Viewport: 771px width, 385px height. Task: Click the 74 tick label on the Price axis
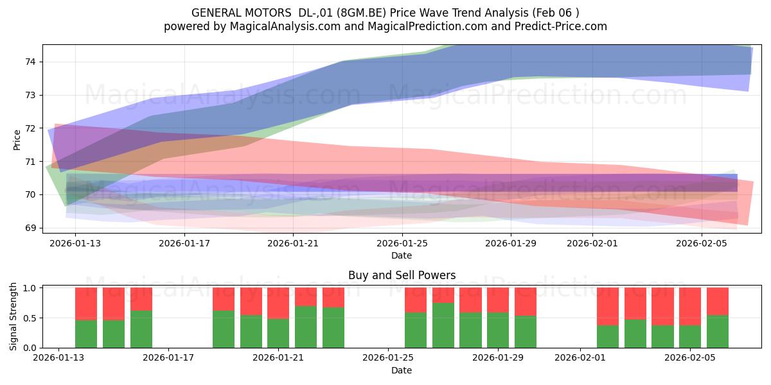point(30,62)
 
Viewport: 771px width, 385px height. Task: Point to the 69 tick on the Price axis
point(30,228)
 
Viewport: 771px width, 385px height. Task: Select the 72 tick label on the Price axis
point(30,128)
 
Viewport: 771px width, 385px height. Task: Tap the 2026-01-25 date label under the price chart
point(402,243)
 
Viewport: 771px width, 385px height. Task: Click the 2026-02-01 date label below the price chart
point(592,243)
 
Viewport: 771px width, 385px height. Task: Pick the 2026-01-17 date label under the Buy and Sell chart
point(168,358)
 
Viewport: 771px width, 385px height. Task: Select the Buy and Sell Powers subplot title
point(402,275)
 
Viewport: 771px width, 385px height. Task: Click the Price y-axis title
point(17,140)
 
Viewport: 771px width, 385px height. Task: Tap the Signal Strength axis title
point(13,316)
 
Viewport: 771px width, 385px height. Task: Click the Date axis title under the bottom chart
point(402,370)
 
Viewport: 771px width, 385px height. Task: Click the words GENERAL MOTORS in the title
point(242,13)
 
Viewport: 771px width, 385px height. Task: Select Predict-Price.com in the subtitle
point(561,26)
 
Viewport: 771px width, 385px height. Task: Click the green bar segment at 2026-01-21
point(278,333)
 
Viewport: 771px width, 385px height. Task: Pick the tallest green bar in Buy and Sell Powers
point(443,325)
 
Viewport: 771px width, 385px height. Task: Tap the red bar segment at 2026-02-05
point(690,307)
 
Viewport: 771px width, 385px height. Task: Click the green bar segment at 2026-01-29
point(498,330)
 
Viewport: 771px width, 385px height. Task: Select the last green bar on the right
point(717,331)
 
